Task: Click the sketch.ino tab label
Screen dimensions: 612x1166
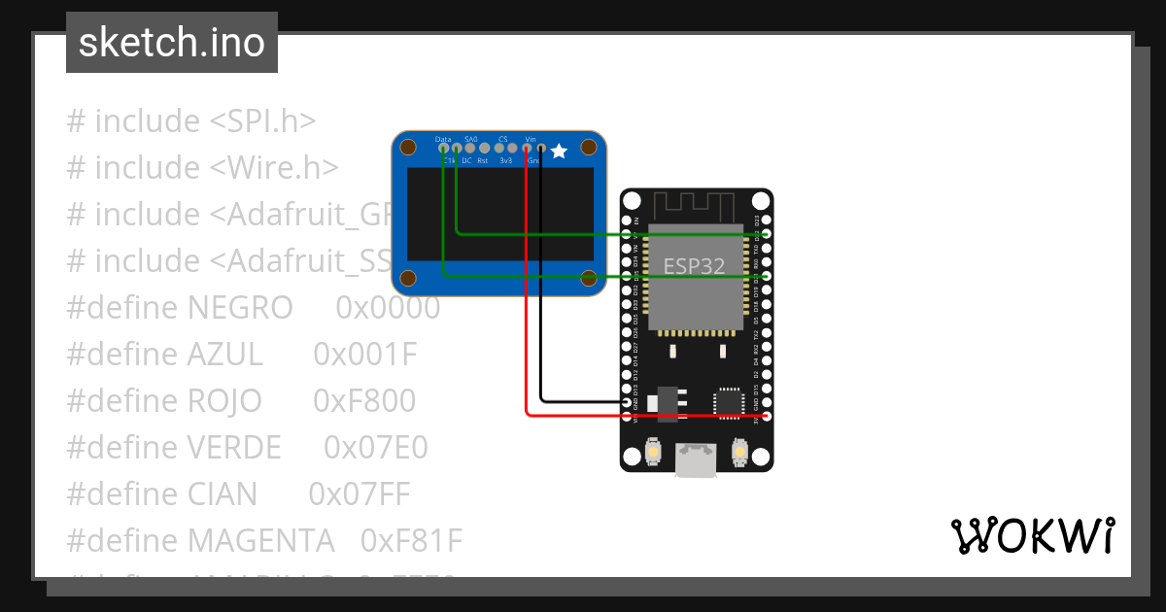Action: (172, 43)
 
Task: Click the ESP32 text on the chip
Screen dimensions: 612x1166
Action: (694, 266)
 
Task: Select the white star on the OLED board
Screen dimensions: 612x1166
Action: (559, 151)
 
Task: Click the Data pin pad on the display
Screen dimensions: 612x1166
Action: (444, 149)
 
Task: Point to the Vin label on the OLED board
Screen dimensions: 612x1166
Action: (530, 139)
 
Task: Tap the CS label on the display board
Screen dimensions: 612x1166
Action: (502, 139)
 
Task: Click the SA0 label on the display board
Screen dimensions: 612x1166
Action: (471, 139)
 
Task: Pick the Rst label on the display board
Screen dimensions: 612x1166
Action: (483, 160)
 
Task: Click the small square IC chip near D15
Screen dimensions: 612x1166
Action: (729, 402)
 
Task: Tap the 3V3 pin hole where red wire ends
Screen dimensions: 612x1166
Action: (767, 416)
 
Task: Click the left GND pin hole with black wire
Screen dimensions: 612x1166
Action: (627, 402)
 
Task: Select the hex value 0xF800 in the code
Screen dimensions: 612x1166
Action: (364, 401)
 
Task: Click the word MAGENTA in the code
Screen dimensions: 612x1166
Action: (260, 541)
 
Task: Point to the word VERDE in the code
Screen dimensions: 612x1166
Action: (233, 448)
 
